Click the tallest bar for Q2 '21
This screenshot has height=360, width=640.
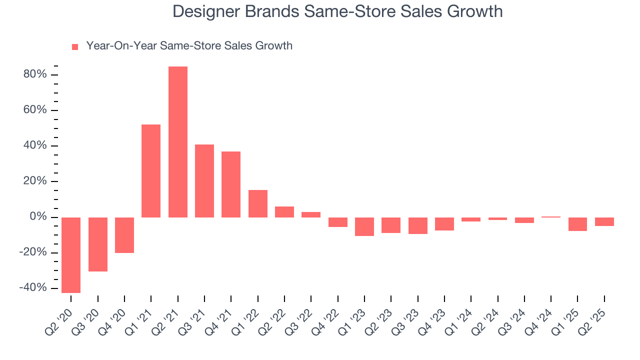(178, 142)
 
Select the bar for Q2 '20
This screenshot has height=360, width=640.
(71, 255)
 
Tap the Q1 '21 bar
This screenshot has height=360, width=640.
(151, 171)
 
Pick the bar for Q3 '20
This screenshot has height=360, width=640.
(98, 244)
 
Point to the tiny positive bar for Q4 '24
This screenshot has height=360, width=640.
(551, 217)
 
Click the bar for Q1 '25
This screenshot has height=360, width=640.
(577, 224)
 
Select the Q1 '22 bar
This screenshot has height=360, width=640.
(258, 203)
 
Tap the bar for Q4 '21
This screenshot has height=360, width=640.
(231, 184)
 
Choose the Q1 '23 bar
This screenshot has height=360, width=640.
(364, 226)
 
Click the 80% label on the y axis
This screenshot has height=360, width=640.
(34, 75)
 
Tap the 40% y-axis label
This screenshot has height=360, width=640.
(34, 146)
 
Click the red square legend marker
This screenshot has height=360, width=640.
(75, 47)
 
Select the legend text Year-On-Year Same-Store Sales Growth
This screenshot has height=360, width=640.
(189, 46)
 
